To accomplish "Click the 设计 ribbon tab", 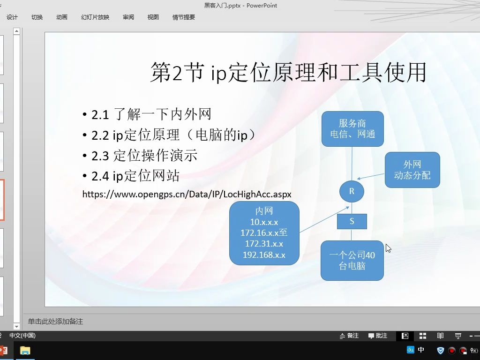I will coord(12,17).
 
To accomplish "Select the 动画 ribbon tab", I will coord(62,17).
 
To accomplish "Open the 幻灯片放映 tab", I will coord(95,17).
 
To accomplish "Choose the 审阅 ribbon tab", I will coord(128,17).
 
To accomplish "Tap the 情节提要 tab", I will coord(184,17).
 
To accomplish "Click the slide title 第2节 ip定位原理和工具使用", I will coord(288,73).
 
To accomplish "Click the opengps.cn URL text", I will coord(187,194).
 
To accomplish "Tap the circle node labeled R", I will coord(352,191).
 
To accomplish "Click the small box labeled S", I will coord(352,221).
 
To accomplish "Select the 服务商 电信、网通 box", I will coord(352,129).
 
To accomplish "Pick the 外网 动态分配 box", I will coord(412,170).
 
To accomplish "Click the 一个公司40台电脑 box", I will coord(352,261).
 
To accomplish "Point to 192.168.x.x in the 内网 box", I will coord(264,255).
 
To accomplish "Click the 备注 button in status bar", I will coord(349,336).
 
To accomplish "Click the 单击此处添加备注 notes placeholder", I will coord(55,322).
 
